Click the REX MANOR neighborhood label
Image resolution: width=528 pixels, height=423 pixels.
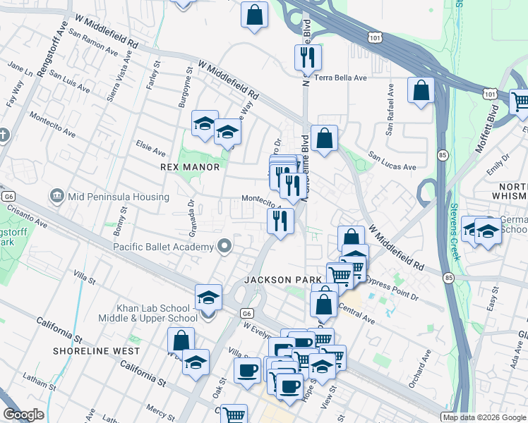[x=190, y=167]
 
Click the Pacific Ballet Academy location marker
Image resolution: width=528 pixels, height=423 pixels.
[x=225, y=246]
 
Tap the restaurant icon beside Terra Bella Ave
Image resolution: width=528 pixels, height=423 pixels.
[x=307, y=57]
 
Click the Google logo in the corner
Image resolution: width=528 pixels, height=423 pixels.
[x=23, y=415]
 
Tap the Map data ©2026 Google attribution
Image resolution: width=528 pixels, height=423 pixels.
[x=484, y=417]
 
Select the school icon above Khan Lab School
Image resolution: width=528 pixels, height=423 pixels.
[x=208, y=298]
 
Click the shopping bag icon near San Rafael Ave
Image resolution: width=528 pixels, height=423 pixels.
[x=421, y=91]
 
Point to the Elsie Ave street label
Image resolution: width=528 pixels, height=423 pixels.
[x=150, y=148]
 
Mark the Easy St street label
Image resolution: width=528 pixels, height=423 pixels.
[x=492, y=304]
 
